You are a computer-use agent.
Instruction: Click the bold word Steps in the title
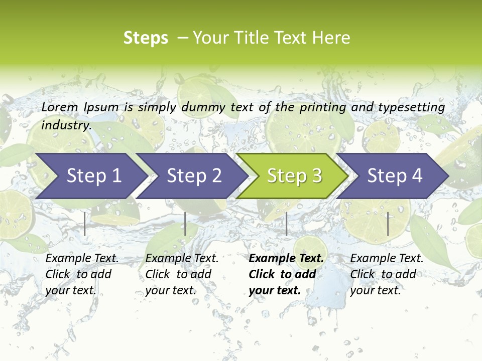[146, 38]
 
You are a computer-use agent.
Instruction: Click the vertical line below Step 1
[85, 224]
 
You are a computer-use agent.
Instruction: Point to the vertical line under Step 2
[185, 224]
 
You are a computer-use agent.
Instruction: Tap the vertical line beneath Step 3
[286, 224]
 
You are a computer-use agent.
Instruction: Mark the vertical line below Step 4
[388, 224]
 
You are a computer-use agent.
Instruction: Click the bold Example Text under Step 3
[286, 274]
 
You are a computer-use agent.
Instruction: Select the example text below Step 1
[82, 274]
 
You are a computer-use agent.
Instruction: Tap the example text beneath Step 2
[182, 274]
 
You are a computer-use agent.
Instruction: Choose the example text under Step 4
[387, 274]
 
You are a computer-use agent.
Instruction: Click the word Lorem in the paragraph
[60, 107]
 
